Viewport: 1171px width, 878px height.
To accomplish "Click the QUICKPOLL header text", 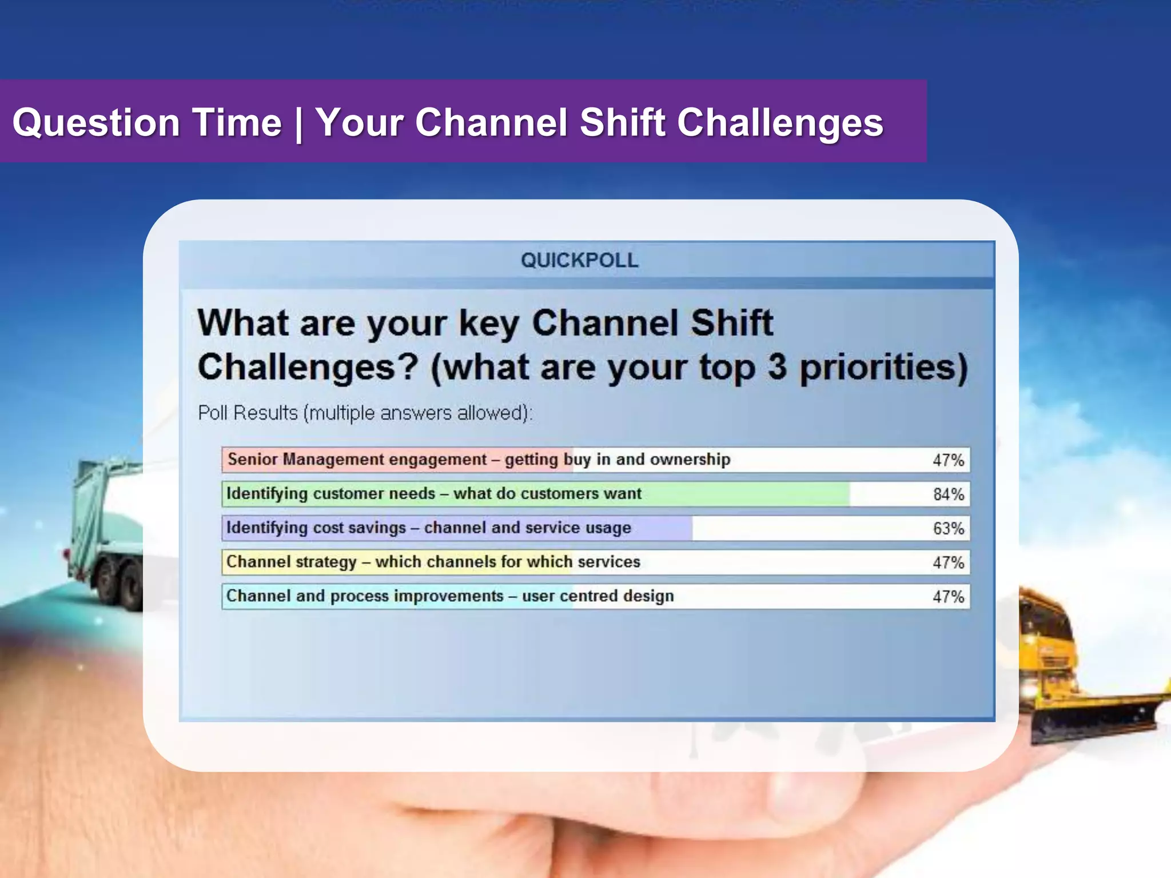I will tap(579, 261).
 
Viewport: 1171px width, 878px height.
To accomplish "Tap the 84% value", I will tap(948, 494).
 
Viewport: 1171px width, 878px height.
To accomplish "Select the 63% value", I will tap(948, 528).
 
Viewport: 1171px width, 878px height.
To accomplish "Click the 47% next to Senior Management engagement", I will tap(948, 460).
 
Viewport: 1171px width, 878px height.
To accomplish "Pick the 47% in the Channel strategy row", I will tap(948, 562).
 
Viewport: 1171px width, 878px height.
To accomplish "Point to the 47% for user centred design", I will tap(948, 597).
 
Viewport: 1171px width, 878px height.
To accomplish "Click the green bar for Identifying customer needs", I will tap(743, 494).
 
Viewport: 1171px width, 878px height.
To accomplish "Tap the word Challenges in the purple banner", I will tap(780, 123).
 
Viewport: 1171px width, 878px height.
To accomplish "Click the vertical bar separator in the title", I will tap(298, 125).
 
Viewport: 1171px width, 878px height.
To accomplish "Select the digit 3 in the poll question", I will tap(776, 367).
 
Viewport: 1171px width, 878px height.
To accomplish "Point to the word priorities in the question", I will tap(883, 369).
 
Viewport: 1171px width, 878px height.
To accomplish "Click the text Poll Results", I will tap(248, 413).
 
